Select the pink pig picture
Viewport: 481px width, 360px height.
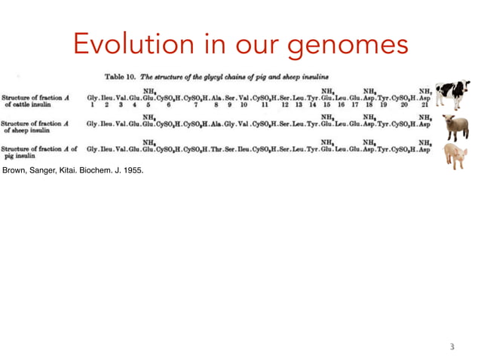455,157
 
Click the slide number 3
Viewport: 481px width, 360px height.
452,347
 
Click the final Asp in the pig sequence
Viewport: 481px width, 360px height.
424,149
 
